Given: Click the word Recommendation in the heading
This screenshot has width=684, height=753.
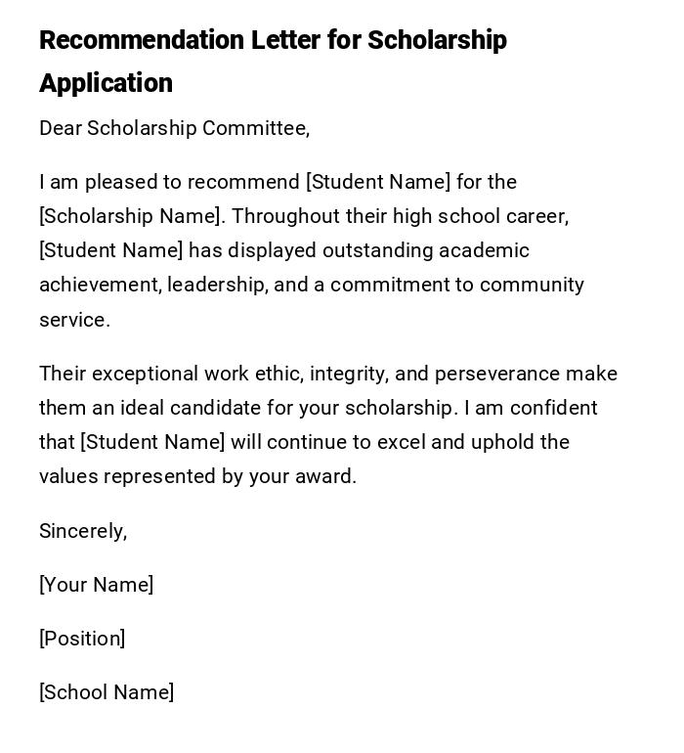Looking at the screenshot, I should tap(142, 41).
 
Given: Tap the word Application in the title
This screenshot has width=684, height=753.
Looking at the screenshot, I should tap(106, 84).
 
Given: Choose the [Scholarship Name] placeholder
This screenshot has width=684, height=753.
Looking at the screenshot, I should tap(130, 217).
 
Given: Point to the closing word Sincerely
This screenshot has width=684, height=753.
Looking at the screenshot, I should tap(82, 532).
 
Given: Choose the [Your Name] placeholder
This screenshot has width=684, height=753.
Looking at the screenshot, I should tap(96, 586).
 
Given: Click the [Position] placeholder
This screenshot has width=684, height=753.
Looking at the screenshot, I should tap(82, 640).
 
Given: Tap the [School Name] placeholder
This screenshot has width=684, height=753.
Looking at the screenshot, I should tap(107, 693).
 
